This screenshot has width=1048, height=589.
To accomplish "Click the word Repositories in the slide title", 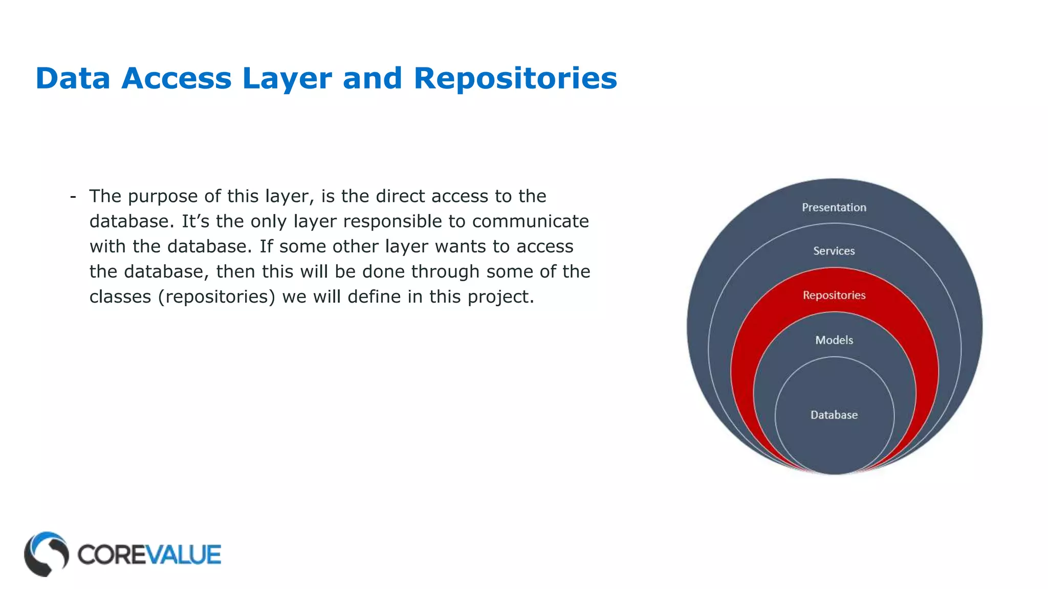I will click(x=515, y=79).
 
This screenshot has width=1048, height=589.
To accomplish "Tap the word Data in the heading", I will click(x=73, y=79).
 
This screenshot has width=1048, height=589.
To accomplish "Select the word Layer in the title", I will click(x=287, y=79).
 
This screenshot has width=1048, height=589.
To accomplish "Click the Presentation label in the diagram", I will click(x=834, y=208).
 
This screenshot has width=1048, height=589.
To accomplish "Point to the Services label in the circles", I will click(x=834, y=251).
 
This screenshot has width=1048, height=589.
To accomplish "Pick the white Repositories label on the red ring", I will click(x=834, y=295).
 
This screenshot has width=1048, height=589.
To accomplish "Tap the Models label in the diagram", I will click(x=834, y=340).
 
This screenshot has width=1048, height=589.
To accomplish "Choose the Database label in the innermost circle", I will click(x=834, y=415).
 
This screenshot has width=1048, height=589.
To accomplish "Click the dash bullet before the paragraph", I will click(x=73, y=196).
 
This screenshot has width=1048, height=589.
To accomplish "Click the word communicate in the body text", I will click(x=530, y=221).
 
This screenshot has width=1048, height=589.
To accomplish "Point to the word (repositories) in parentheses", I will click(x=216, y=297).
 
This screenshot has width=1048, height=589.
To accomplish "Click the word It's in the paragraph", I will click(x=195, y=221).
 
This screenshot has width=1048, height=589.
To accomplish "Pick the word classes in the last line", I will click(x=120, y=297).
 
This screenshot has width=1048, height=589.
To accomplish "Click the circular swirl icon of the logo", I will click(x=46, y=554).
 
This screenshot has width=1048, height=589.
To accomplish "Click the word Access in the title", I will click(x=176, y=79).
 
